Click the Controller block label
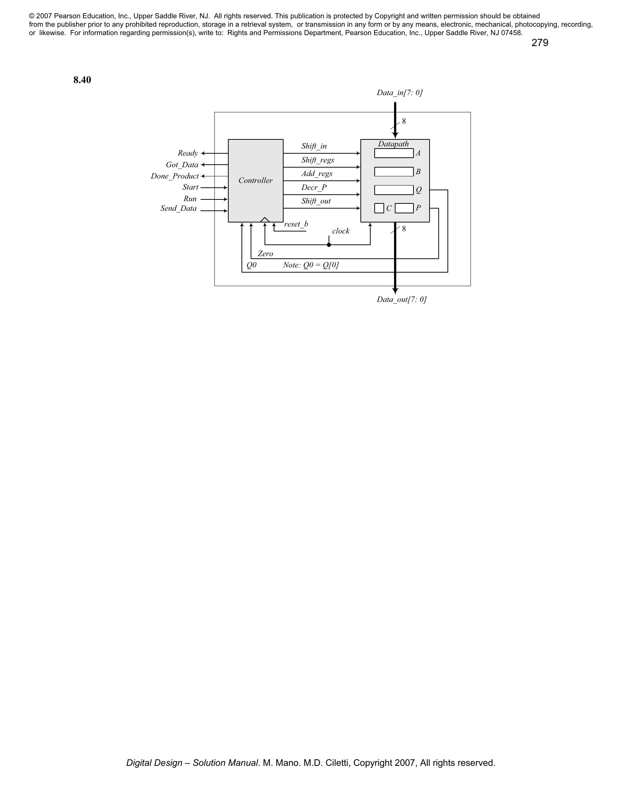255,180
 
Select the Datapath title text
393,144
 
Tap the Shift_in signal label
314,146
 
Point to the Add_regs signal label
316,173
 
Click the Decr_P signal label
314,187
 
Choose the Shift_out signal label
316,201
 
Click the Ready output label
188,153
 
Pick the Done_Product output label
174,176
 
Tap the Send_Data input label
178,209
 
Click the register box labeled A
394,153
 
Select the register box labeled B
394,171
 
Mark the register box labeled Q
394,190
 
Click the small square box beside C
379,208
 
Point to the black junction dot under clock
329,245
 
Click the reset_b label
296,224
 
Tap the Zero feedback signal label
265,254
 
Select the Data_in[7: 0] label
400,93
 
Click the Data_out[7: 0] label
401,299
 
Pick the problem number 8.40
82,80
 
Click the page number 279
539,43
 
